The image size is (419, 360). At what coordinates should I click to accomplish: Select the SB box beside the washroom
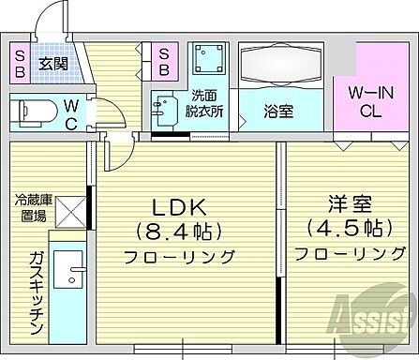(164, 63)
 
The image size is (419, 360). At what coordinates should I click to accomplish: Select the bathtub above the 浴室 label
(280, 66)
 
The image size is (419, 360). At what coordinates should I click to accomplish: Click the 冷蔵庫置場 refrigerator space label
(33, 206)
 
